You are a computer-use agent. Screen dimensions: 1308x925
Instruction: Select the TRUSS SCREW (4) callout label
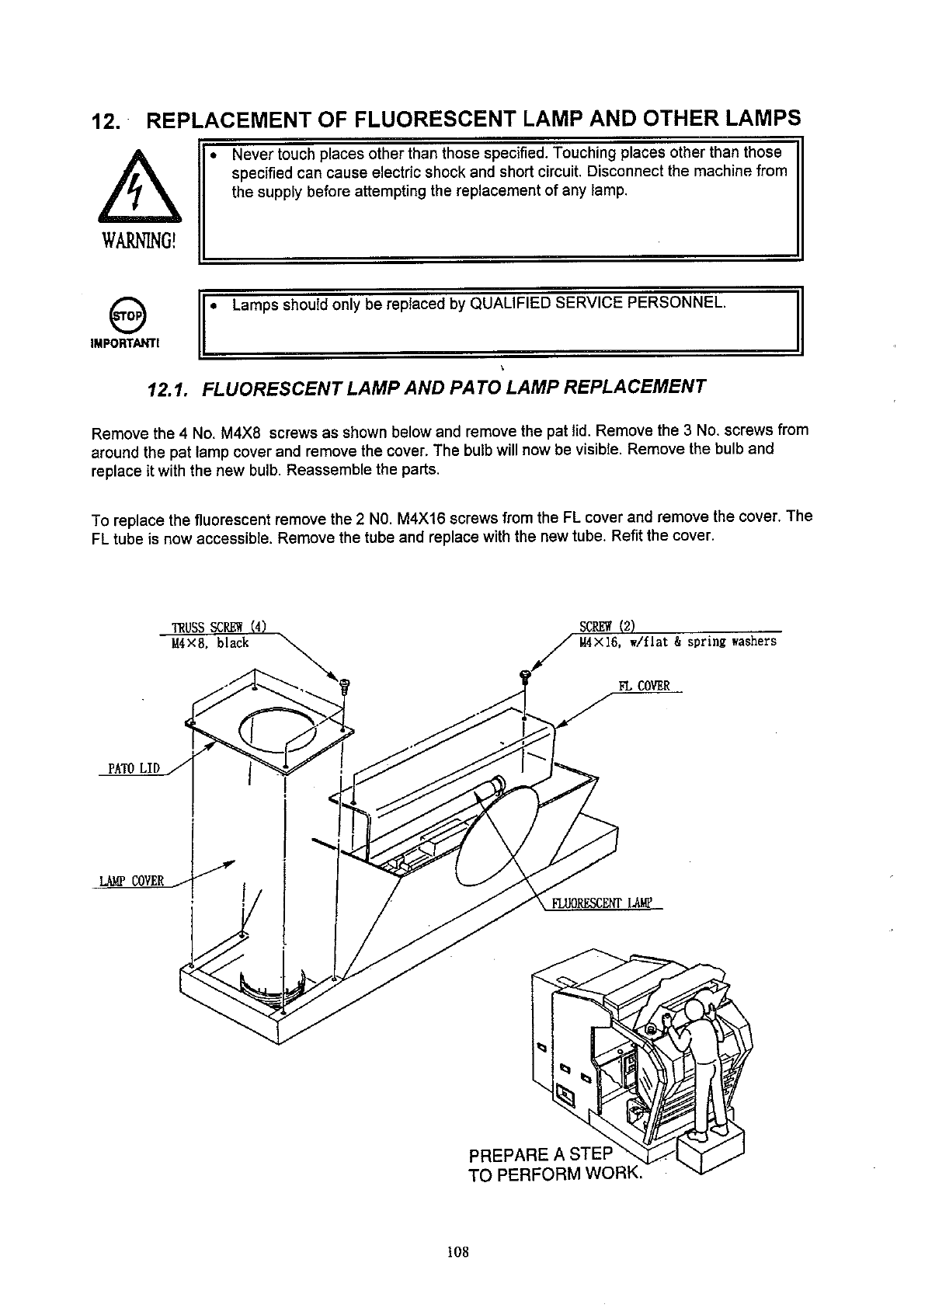pos(220,628)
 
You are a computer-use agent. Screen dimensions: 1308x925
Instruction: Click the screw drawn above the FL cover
pos(525,677)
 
